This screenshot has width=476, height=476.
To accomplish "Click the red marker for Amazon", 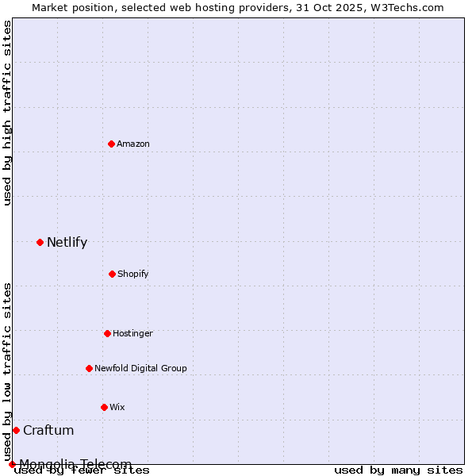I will point(111,144).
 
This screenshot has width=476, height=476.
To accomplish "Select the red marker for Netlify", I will point(40,242).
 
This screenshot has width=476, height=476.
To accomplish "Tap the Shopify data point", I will point(112,274).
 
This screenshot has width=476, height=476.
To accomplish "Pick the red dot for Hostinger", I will point(107,333).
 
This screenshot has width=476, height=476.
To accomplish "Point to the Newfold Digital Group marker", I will point(89,368).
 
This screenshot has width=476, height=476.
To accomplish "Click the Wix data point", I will point(104,407).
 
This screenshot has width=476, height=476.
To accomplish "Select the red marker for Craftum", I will point(16,430).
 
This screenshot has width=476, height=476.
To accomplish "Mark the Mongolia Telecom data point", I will point(12,464).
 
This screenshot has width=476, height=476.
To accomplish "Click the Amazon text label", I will point(133,144).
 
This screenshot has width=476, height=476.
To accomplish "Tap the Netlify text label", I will point(67,243).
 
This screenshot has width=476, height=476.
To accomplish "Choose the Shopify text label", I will point(133,274).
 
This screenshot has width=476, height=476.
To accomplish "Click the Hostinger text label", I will point(132,333).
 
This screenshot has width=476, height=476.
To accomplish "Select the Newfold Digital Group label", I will point(140,368).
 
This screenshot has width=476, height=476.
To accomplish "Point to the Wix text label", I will point(117,407).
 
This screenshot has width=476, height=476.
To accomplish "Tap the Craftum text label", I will point(48,431).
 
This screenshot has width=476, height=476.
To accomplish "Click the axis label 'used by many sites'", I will point(398,470).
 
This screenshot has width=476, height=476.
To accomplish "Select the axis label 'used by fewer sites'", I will point(82,470).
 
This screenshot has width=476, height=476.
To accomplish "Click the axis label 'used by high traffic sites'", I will point(8,113).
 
